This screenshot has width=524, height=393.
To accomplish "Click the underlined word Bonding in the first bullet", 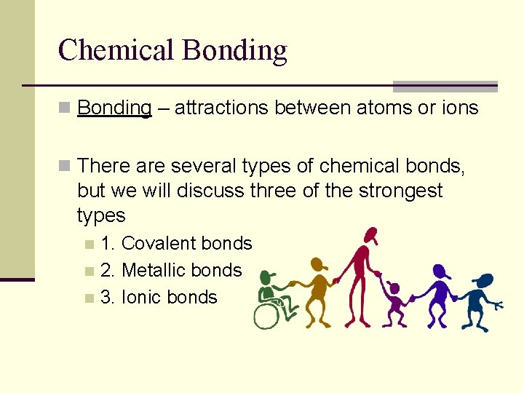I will click(x=114, y=108).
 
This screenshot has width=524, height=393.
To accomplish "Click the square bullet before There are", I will click(x=65, y=167).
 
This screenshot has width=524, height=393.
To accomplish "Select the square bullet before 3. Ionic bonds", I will click(x=89, y=298).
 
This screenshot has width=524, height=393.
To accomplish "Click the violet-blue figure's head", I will click(x=441, y=271).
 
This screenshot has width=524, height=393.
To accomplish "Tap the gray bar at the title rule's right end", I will click(x=445, y=86).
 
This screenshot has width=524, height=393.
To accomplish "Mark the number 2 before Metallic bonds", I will click(x=107, y=271).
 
